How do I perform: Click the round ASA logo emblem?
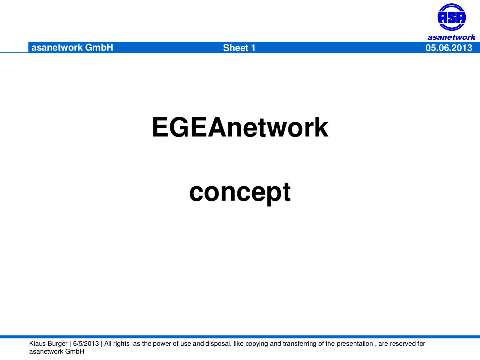[451, 17]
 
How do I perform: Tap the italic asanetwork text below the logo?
[451, 37]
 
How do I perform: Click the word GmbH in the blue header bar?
[99, 47]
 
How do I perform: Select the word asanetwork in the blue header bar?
[57, 48]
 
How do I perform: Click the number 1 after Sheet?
[253, 48]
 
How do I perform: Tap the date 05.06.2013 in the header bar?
[449, 48]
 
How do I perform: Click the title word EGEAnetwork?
[240, 127]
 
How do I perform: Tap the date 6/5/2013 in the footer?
[86, 343]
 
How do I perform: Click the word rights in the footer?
[121, 344]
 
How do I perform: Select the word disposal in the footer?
[218, 344]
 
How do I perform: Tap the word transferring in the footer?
[300, 344]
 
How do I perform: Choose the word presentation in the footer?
[355, 344]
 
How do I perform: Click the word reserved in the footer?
[403, 343]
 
